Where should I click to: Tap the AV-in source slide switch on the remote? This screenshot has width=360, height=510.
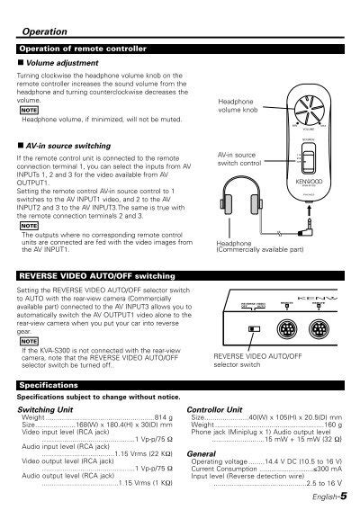[309, 164]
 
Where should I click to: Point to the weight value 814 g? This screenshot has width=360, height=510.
[162, 417]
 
